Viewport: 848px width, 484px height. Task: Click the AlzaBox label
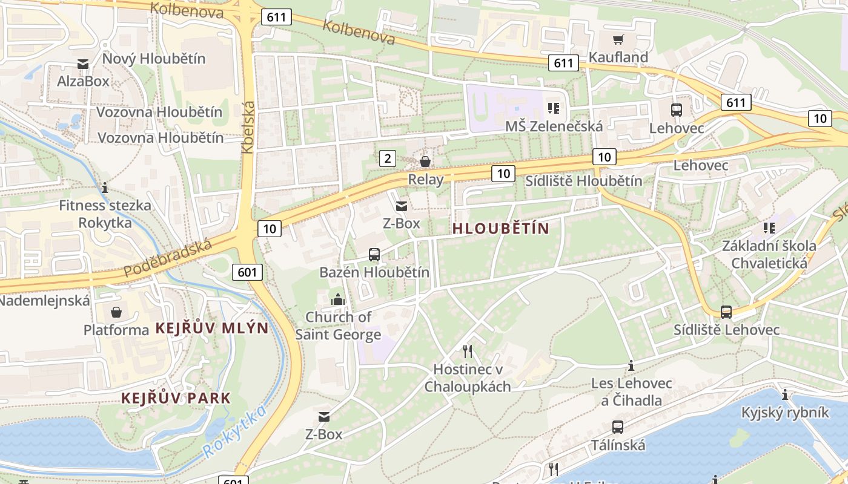83,80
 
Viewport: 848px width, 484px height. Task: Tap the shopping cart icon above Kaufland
618,40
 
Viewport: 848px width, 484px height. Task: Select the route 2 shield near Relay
388,159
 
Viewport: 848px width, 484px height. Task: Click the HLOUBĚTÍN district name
500,229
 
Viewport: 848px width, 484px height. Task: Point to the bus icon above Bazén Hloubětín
374,255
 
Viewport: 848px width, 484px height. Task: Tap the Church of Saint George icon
337,299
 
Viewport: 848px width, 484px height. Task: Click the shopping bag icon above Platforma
116,312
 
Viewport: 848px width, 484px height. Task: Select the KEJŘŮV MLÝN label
211,328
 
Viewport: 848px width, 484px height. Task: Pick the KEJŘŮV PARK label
176,398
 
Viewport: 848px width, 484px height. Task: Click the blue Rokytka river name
234,432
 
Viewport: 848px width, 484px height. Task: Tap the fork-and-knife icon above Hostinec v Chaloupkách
468,352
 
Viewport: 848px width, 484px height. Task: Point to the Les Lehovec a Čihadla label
631,391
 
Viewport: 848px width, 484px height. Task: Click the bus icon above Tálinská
617,427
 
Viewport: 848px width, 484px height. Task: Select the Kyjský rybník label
785,412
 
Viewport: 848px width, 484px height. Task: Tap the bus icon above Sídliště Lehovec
726,312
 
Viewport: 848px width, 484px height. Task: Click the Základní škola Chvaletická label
769,254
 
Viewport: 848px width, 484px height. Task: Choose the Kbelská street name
248,127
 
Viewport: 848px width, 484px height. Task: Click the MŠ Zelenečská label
554,126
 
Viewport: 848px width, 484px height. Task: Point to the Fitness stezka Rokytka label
105,214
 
